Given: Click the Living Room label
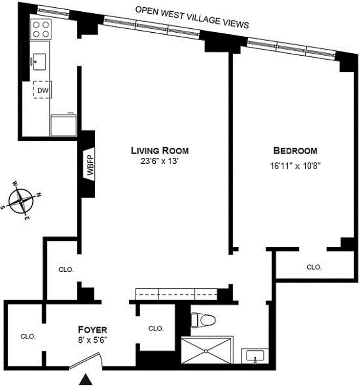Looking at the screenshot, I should point(160,150).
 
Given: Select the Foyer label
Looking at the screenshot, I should point(93,329).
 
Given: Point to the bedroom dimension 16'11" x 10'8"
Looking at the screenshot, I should point(295,165).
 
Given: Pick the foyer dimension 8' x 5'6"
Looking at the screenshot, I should point(93,338).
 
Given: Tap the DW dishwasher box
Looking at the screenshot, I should point(42,90).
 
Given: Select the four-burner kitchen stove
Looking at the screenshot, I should point(40,29).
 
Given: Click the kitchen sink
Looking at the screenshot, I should point(40,61).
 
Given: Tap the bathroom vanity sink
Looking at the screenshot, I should point(255,357).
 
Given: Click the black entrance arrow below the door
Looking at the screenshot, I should point(86,379).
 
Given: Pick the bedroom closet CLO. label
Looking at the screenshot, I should point(314,267).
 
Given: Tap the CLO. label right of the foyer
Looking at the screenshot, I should point(155,328).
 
